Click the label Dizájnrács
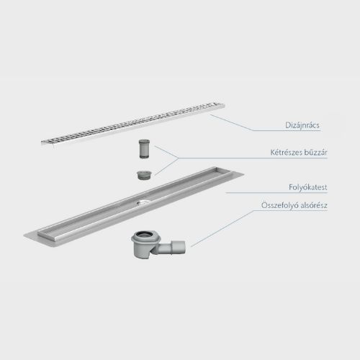click(x=302, y=125)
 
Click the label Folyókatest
click(x=308, y=187)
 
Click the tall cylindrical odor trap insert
click(x=144, y=149)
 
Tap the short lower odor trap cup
click(x=144, y=175)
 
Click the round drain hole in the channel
click(x=143, y=203)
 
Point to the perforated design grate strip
click(x=133, y=122)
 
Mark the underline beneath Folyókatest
click(x=276, y=192)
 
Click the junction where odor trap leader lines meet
click(x=178, y=158)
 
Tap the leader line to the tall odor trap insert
click(x=166, y=152)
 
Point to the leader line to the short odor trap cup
click(x=166, y=166)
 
